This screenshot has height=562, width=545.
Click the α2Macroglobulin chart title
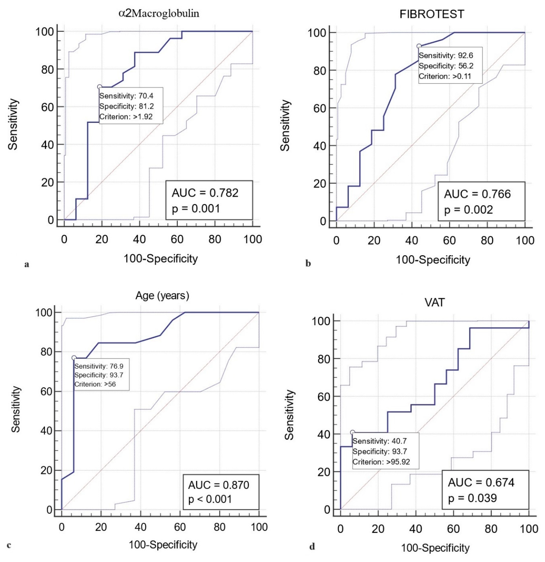(159, 13)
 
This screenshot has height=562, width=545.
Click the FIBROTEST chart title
(432, 14)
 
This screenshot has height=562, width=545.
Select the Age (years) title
(162, 295)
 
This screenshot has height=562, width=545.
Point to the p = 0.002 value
(468, 210)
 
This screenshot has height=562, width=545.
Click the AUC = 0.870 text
(218, 485)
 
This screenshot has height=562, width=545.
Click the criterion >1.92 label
(126, 117)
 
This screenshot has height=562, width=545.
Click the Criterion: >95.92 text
(381, 462)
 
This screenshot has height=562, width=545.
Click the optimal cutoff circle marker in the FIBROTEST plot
(419, 46)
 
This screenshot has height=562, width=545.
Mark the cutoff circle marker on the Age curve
(74, 358)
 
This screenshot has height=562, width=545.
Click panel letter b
(308, 263)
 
